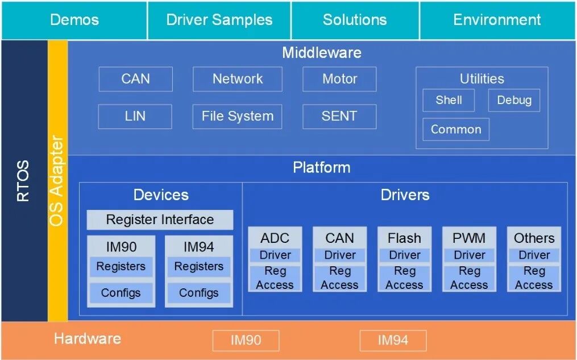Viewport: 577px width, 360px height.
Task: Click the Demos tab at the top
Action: [x=74, y=20]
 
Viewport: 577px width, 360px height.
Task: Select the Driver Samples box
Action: [x=219, y=20]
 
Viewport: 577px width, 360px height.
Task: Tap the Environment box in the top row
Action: [x=497, y=20]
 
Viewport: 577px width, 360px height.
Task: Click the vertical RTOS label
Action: [x=23, y=181]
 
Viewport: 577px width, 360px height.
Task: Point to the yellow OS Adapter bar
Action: [x=58, y=181]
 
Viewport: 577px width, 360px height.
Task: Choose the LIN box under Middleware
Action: [x=135, y=117]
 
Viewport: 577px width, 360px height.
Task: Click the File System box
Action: [x=238, y=117]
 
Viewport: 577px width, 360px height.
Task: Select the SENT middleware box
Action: [x=339, y=117]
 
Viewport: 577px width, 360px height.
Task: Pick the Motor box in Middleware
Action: [x=339, y=79]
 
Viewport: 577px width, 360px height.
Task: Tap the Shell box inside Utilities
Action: [x=449, y=100]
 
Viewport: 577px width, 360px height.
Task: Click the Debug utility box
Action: [x=514, y=100]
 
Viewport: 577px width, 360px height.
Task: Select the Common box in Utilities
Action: [x=456, y=129]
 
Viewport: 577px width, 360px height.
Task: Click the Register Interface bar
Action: [x=160, y=220]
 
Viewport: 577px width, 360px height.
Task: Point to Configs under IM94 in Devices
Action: [x=199, y=293]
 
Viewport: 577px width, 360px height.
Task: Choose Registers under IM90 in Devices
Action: [x=121, y=267]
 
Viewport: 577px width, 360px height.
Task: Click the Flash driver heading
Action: [x=404, y=238]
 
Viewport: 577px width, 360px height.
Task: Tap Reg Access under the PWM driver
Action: [x=469, y=278]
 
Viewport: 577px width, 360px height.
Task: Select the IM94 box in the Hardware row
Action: [x=393, y=341]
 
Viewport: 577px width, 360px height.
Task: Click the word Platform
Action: [x=322, y=167]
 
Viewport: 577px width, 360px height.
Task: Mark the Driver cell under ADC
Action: [x=275, y=255]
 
